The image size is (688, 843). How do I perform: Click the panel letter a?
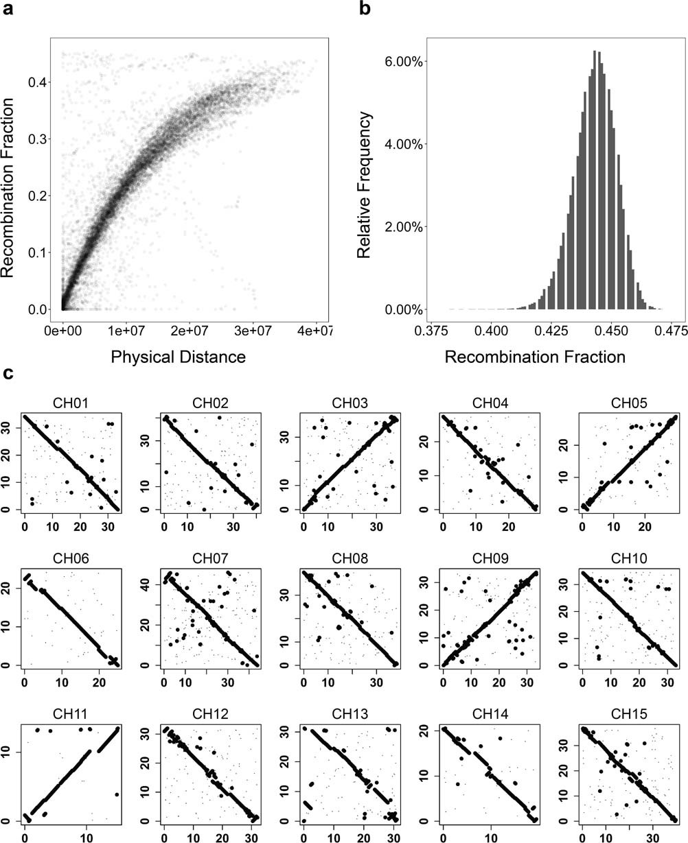9,10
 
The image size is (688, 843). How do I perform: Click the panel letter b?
364,10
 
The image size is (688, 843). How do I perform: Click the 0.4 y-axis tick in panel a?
38,82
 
